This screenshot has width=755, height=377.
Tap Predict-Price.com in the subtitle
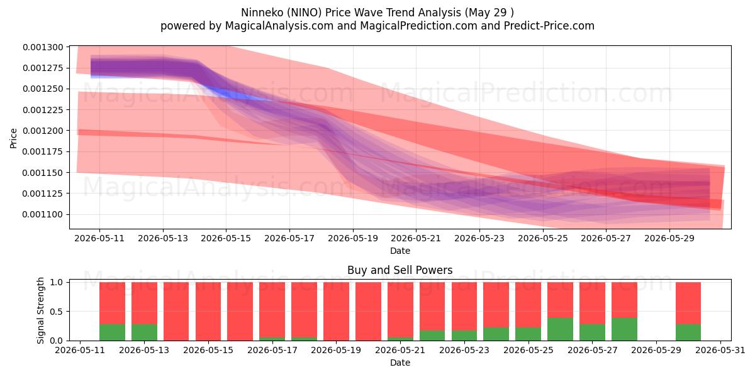[549, 26]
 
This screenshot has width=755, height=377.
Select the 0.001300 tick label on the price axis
[43, 47]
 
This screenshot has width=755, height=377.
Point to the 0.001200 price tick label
[43, 131]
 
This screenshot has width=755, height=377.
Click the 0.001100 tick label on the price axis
[43, 214]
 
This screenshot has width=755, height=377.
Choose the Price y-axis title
[13, 138]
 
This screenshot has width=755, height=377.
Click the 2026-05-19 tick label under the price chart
[353, 238]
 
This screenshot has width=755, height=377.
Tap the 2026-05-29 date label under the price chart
[669, 238]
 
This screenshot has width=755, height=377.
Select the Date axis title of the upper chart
[400, 251]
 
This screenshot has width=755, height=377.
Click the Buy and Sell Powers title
[400, 270]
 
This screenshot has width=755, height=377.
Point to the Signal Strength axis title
[40, 310]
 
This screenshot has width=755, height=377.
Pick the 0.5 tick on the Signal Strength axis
[56, 312]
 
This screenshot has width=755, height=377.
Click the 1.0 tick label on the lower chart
[56, 282]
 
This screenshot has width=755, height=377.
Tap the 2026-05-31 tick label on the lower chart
[720, 351]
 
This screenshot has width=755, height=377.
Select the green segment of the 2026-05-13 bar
[144, 332]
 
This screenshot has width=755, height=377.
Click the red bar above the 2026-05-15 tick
[208, 312]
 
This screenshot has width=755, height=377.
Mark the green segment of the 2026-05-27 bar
[592, 332]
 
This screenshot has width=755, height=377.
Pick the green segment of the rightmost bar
[688, 332]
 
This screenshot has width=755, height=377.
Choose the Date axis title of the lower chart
[400, 363]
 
